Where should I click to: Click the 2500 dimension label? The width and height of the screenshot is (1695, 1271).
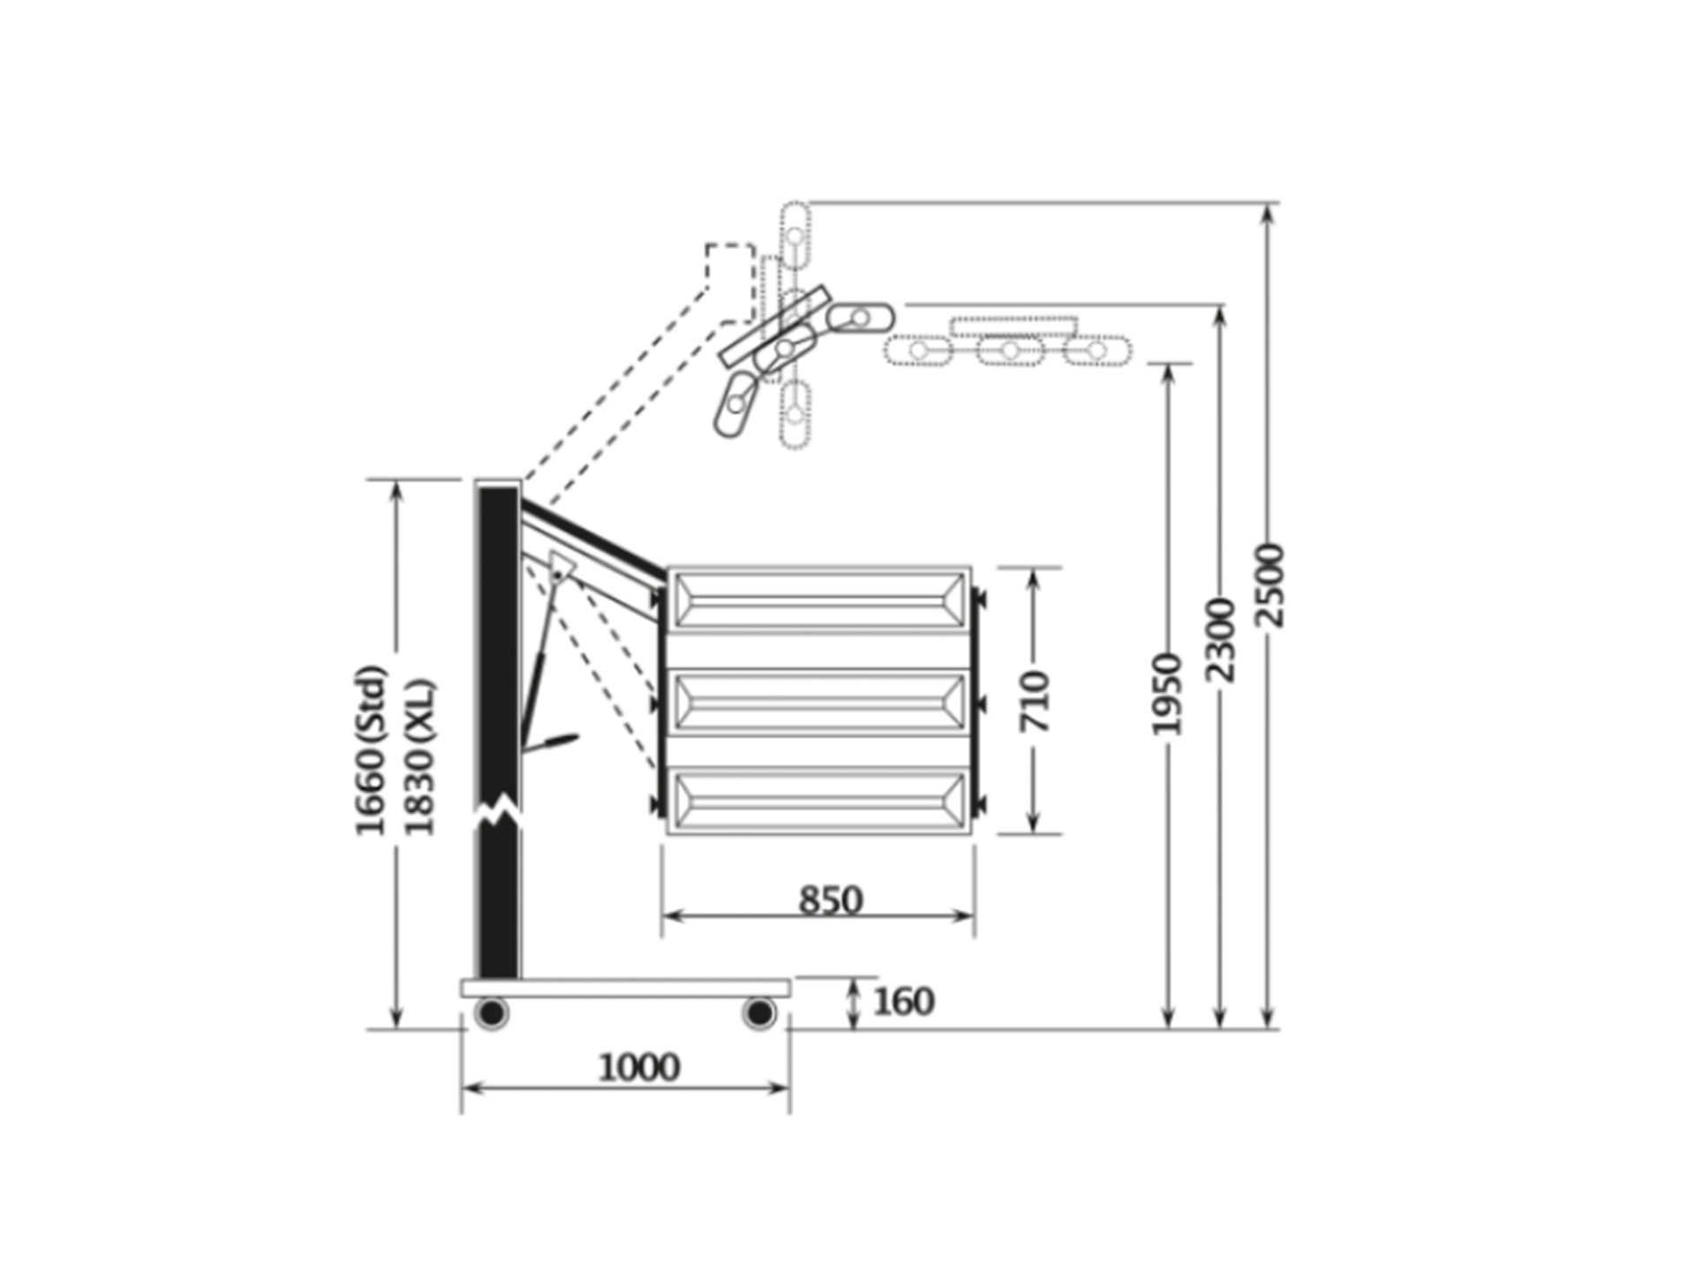pyautogui.click(x=1269, y=585)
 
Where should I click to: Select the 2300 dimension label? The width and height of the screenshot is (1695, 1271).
pyautogui.click(x=1220, y=639)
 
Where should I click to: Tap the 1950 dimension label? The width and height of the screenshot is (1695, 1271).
pyautogui.click(x=1166, y=694)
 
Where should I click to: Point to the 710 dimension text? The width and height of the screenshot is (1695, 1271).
pyautogui.click(x=1035, y=701)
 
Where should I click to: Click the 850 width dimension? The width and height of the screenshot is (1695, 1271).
pyautogui.click(x=830, y=900)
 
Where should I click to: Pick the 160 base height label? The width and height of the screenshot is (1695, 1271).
pyautogui.click(x=903, y=1002)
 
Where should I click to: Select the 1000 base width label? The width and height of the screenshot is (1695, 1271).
pyautogui.click(x=639, y=1068)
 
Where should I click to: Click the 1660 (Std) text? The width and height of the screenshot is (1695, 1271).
pyautogui.click(x=371, y=750)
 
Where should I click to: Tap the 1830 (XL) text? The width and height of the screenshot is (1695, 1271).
pyautogui.click(x=419, y=757)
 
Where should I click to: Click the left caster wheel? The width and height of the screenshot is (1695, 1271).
pyautogui.click(x=492, y=1012)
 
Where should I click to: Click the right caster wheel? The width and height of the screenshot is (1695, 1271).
pyautogui.click(x=758, y=1012)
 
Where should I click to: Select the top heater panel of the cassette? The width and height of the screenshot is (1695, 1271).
pyautogui.click(x=819, y=599)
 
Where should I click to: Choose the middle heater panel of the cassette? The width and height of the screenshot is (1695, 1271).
pyautogui.click(x=819, y=702)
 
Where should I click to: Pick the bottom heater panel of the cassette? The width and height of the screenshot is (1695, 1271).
pyautogui.click(x=819, y=801)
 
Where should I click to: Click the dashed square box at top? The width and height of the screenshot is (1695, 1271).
pyautogui.click(x=730, y=265)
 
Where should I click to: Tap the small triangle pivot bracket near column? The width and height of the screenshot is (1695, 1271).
pyautogui.click(x=560, y=567)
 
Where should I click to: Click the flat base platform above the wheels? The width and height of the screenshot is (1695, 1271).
pyautogui.click(x=625, y=988)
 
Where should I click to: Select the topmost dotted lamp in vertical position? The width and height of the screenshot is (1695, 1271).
pyautogui.click(x=795, y=235)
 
